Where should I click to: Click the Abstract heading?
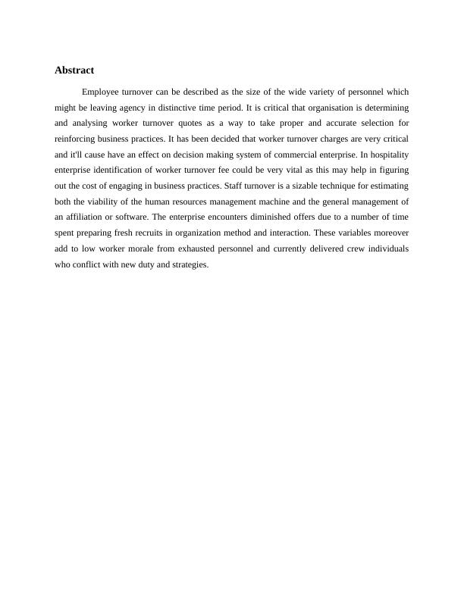coord(74,70)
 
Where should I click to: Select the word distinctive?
coord(176,108)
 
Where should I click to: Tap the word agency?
coord(133,108)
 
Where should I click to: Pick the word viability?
coord(114,203)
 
